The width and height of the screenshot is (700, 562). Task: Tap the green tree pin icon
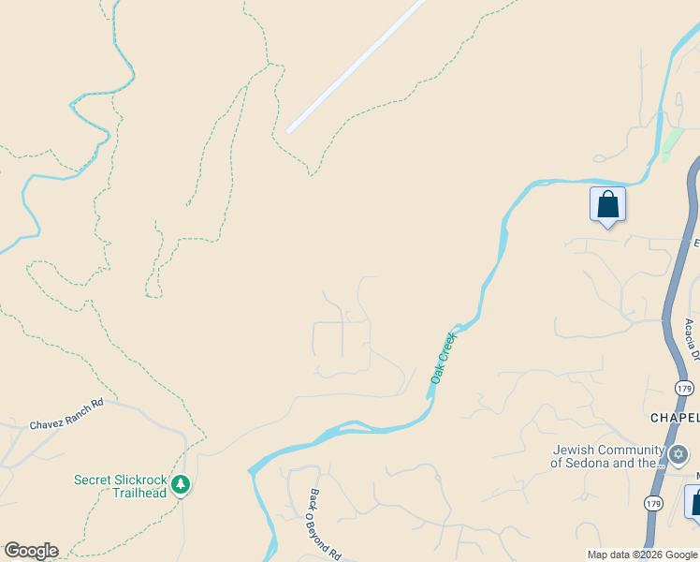point(181,484)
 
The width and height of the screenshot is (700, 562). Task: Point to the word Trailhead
point(139,493)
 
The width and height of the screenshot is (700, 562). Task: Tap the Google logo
point(30,551)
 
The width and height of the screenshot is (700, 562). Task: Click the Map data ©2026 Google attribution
point(642,555)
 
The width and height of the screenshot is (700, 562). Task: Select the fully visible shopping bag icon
point(607,204)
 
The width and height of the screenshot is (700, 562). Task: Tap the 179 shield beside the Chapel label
point(684,388)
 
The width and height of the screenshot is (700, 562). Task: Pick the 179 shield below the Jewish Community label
point(655,504)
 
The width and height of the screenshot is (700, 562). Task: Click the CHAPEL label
point(675,417)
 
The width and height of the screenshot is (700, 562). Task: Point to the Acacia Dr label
point(691,339)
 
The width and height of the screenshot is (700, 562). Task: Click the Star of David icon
point(678,455)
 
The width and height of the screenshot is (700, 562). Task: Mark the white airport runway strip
point(357,67)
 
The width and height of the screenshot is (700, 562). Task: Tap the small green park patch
point(671,142)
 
